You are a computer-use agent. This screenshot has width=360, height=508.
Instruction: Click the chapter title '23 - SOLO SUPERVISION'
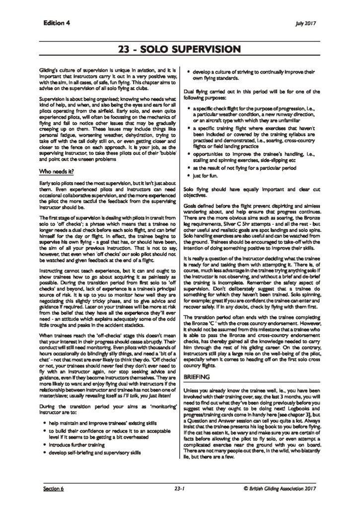[180, 49]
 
